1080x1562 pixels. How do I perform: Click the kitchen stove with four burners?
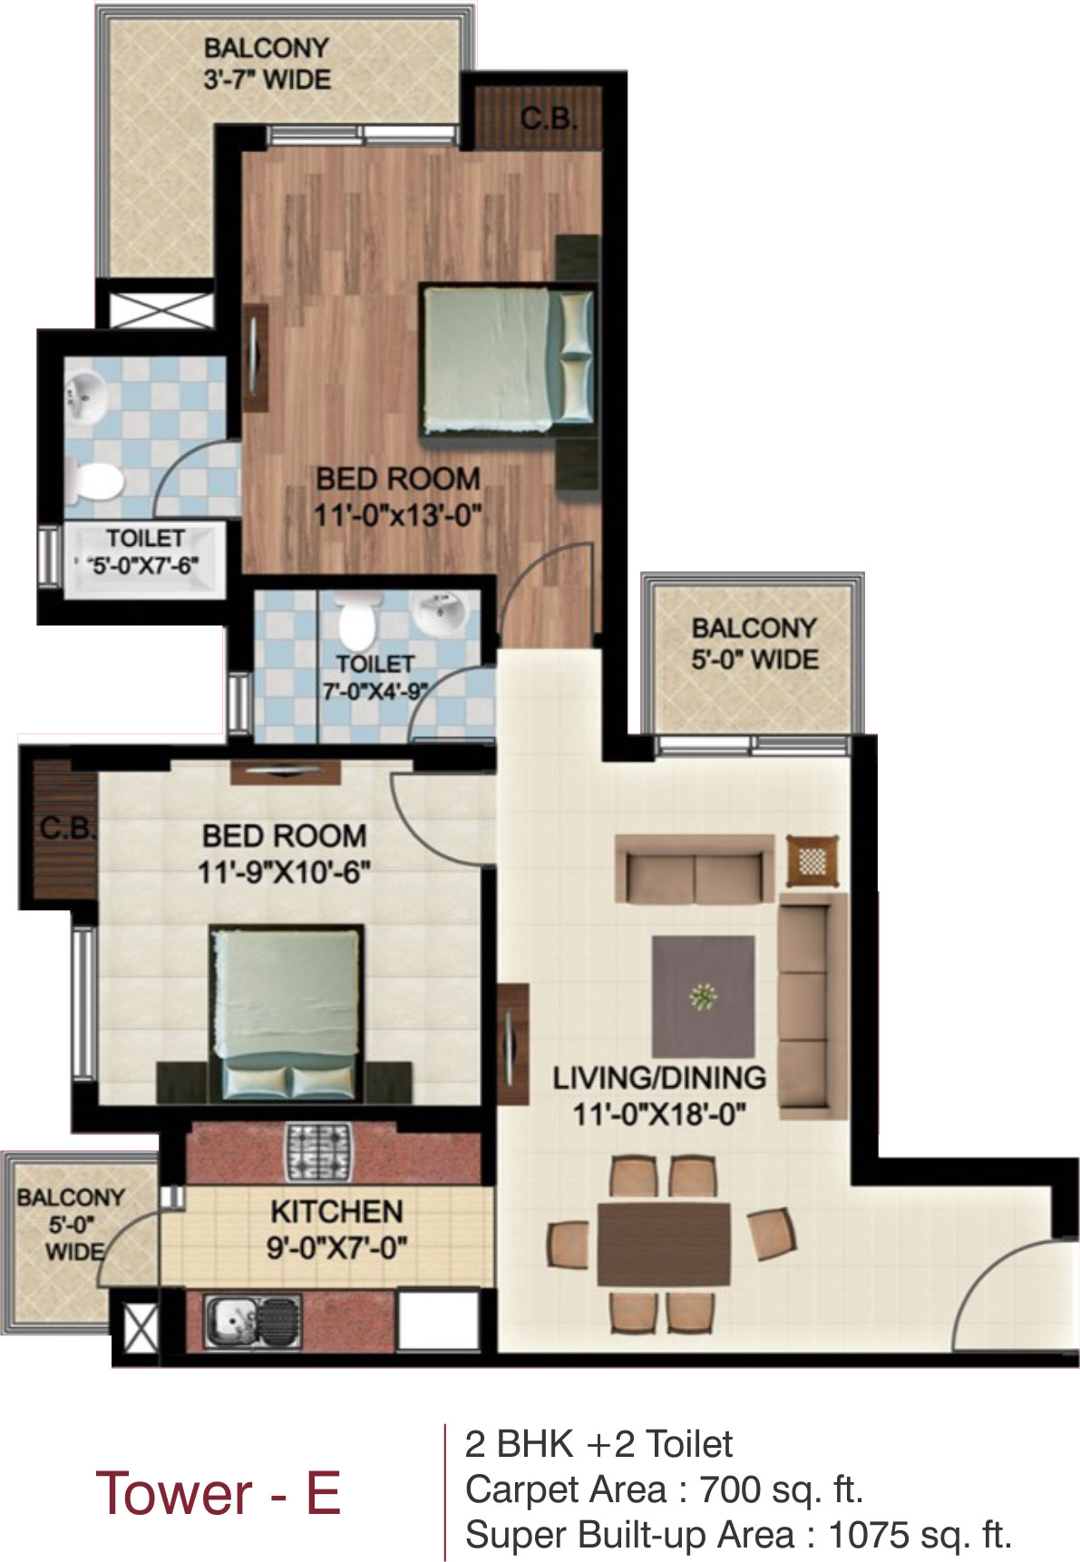click(317, 1151)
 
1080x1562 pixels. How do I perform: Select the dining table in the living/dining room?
click(664, 1244)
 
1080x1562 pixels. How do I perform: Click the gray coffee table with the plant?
click(703, 996)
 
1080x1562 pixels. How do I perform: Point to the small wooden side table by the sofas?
click(812, 859)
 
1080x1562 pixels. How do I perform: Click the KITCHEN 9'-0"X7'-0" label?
click(336, 1229)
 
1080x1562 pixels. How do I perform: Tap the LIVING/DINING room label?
click(659, 1095)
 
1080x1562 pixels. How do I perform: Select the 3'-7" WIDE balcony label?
click(267, 63)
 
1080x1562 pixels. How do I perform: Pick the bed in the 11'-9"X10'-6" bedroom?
click(287, 1014)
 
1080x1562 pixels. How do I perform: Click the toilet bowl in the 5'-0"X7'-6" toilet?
click(92, 481)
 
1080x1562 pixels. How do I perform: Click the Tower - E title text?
click(219, 1493)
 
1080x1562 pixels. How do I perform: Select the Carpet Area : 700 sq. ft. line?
click(664, 1489)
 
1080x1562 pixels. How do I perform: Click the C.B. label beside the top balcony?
click(549, 118)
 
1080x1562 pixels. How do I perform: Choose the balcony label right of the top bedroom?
click(754, 644)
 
